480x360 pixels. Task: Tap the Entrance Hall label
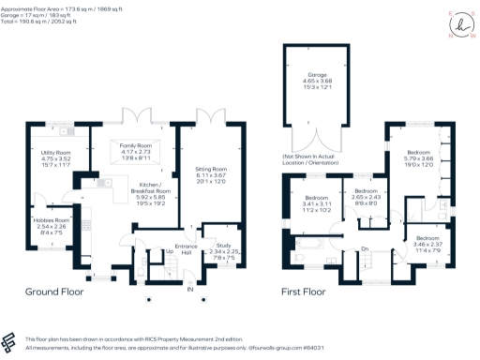pos(187,251)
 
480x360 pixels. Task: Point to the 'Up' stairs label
pos(170,251)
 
